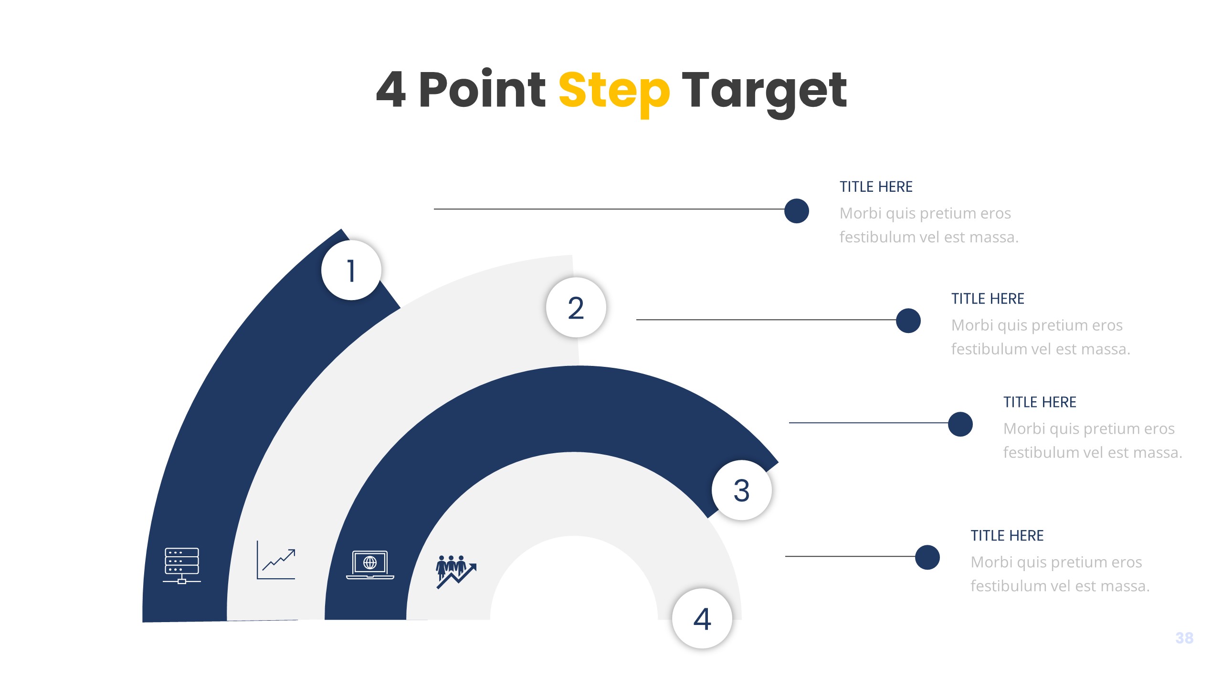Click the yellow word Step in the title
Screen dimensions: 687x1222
[614, 91]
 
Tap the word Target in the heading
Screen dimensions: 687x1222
[764, 91]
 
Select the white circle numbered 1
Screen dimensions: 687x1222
[351, 270]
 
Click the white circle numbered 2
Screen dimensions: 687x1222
[576, 307]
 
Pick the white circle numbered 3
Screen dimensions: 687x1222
[741, 490]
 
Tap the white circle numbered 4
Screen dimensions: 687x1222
[702, 618]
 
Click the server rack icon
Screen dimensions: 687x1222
[182, 565]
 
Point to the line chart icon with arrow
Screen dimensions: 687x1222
[276, 560]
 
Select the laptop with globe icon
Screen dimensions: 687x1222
[370, 564]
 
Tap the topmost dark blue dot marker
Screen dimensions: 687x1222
[796, 211]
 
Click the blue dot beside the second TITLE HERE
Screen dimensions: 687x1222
[908, 321]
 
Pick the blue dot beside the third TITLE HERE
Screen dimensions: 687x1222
[960, 424]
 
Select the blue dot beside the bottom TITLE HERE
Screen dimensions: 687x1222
[927, 557]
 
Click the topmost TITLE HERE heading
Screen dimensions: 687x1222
[876, 187]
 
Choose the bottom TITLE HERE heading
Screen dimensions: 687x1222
[1007, 536]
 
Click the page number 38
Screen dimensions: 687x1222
[1184, 638]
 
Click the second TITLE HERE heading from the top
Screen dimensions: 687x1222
[988, 299]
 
